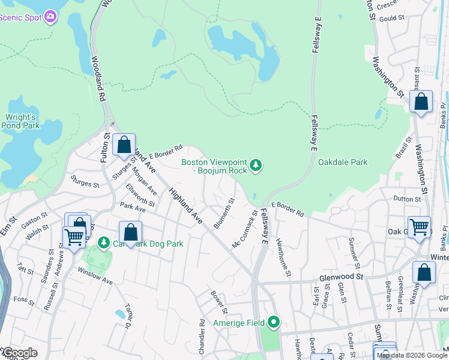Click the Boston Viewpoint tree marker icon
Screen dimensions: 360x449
point(256,164)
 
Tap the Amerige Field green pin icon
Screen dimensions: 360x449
point(274,323)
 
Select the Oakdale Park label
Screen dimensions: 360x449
point(343,162)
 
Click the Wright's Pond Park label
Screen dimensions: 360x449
point(20,122)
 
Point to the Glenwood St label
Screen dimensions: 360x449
point(342,277)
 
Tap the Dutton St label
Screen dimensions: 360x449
point(408,199)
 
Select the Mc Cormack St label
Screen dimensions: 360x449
point(245,229)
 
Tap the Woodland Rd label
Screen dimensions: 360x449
point(98,79)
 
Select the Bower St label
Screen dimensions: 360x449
point(219,302)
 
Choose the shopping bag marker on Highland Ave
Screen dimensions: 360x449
point(124,145)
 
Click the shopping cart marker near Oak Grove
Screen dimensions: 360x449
point(419,227)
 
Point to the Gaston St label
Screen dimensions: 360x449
point(34,217)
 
